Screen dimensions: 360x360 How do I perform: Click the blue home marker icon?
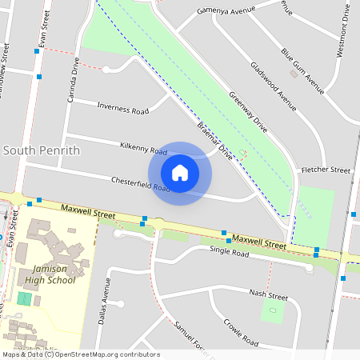click(x=180, y=173)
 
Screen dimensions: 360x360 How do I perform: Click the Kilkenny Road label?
click(x=142, y=148)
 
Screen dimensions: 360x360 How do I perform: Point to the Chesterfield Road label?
click(x=141, y=184)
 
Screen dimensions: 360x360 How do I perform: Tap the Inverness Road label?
click(x=122, y=107)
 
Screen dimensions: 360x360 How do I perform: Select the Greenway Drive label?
click(x=248, y=111)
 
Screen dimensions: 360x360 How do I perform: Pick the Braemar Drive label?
click(x=214, y=141)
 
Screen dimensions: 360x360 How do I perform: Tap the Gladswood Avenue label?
click(x=274, y=86)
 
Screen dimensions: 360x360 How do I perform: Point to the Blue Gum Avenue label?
click(x=302, y=69)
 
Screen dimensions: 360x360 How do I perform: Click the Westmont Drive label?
click(x=343, y=30)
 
